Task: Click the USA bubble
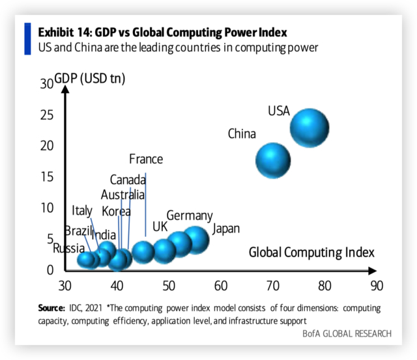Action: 309,128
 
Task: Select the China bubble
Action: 272,161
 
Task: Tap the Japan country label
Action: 226,228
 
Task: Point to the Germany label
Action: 189,215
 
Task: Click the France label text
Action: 146,159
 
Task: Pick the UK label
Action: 160,227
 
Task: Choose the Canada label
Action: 127,180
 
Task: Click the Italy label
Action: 82,210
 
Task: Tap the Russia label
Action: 68,248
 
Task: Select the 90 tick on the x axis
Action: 376,286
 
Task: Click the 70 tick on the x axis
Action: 273,286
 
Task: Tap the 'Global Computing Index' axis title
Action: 311,252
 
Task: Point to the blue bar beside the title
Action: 28,38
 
